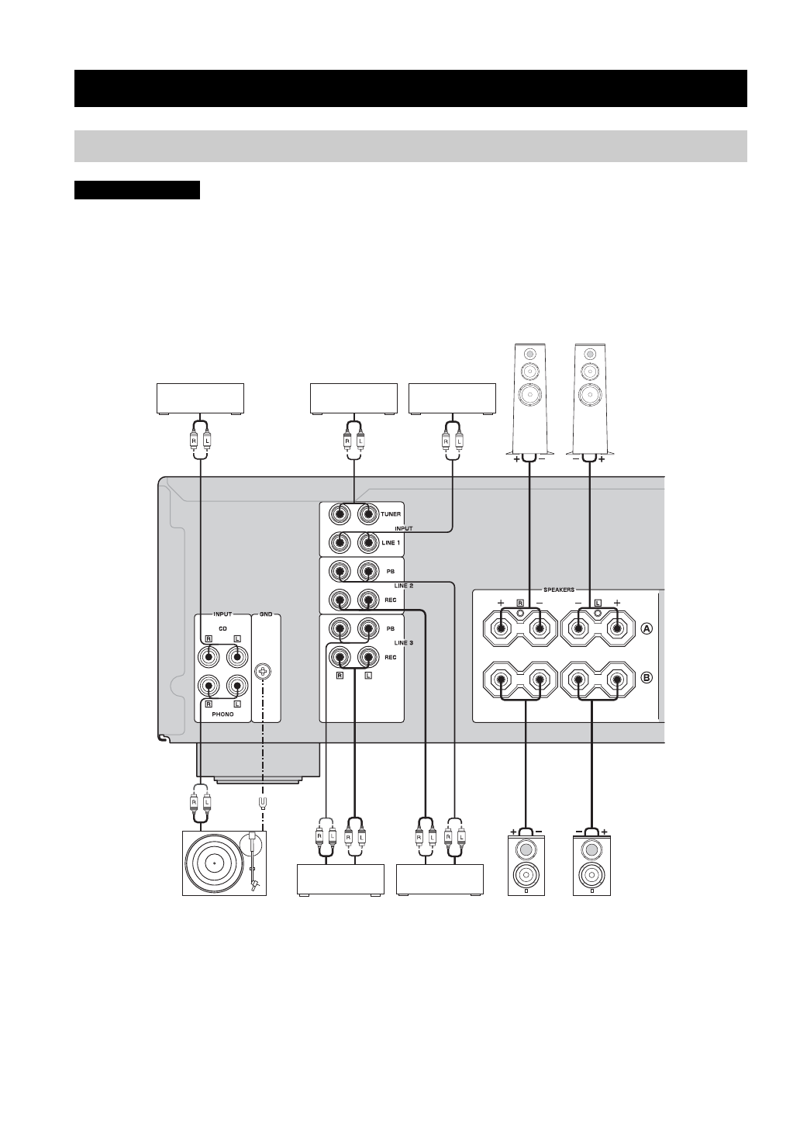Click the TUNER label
coord(391,514)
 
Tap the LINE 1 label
coord(391,543)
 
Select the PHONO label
coord(222,714)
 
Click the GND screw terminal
coord(263,672)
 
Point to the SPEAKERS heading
coord(559,590)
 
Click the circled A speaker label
coord(647,628)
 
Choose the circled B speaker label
coord(647,677)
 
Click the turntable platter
coord(215,863)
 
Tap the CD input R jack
coord(209,657)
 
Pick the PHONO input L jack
coord(237,686)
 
